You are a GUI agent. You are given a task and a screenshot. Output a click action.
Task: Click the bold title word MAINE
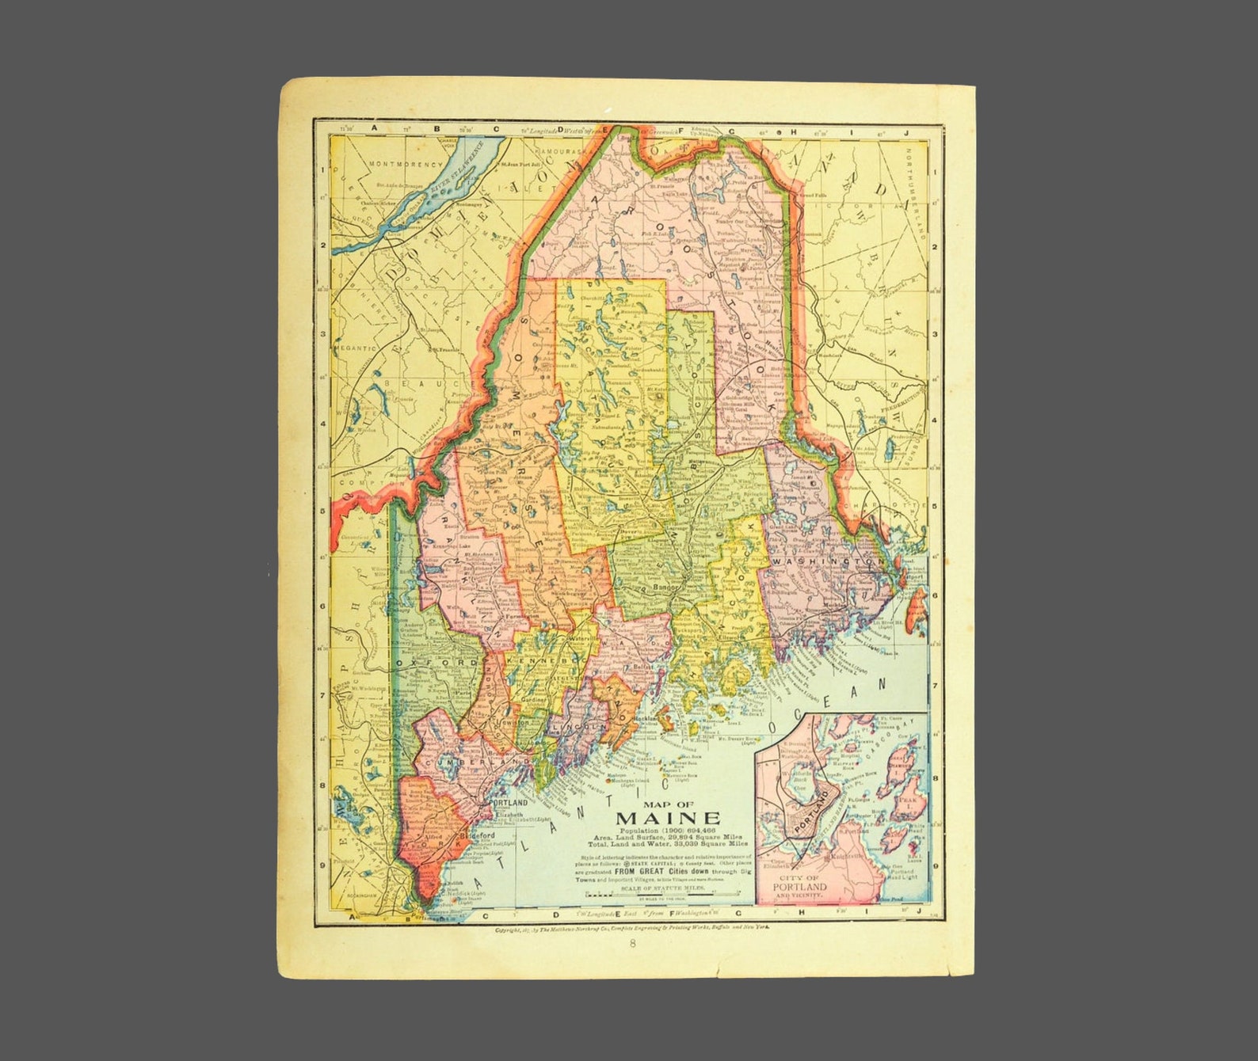pos(668,818)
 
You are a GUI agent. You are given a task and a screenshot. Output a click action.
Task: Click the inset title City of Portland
pos(803,887)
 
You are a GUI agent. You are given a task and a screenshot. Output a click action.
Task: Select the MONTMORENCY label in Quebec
pos(409,165)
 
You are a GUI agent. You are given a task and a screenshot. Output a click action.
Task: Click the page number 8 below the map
pos(633,943)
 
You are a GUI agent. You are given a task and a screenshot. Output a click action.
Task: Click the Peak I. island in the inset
pos(905,801)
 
